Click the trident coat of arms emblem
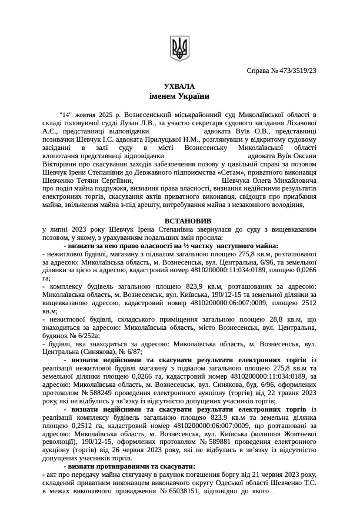pyautogui.click(x=180, y=46)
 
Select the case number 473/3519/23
pyautogui.click(x=292, y=71)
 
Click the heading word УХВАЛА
pyautogui.click(x=179, y=86)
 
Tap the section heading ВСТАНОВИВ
pyautogui.click(x=180, y=220)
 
